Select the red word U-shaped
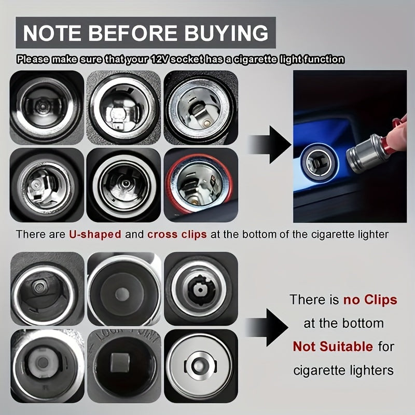[95, 234]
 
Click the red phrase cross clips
[177, 234]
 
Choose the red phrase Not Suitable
[333, 346]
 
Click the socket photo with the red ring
[201, 185]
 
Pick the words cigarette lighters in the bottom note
[343, 370]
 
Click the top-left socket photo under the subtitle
[46, 106]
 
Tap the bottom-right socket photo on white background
[201, 365]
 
